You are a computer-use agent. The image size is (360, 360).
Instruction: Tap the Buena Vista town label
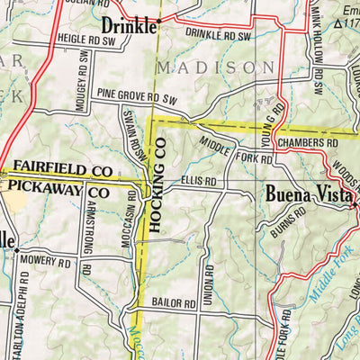309,193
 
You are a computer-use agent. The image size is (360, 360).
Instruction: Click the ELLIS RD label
198,180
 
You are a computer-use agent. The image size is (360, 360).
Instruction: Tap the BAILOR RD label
173,305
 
